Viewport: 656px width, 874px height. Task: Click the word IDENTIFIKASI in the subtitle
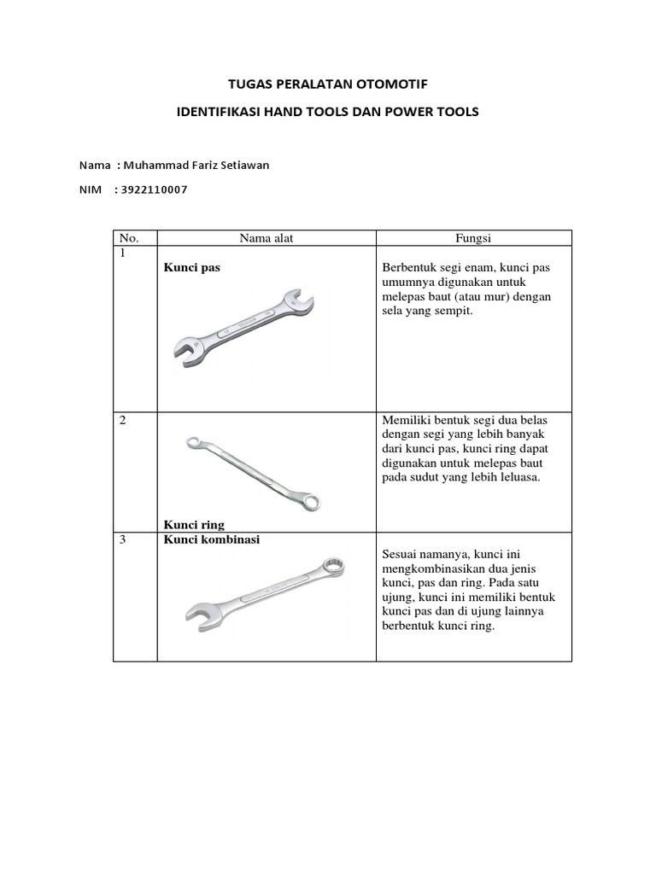(x=225, y=112)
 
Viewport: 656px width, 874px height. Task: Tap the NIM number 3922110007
(x=155, y=189)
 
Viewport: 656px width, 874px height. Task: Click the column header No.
(x=127, y=238)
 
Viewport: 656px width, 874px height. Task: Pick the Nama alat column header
(x=266, y=238)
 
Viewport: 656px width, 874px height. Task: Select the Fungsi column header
(x=473, y=238)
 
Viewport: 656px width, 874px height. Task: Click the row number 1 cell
(x=123, y=254)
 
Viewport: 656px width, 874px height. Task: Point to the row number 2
(x=123, y=420)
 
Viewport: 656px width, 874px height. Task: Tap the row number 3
(x=123, y=540)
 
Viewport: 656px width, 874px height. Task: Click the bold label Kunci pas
(x=191, y=267)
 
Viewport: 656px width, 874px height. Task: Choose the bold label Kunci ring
(x=193, y=524)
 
